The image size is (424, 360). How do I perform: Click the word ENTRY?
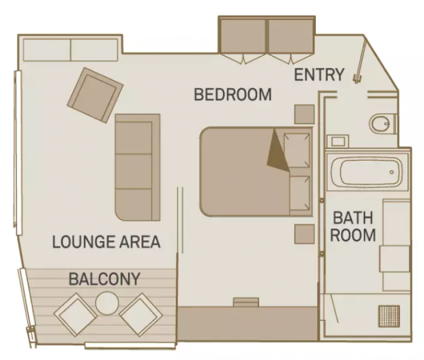319,75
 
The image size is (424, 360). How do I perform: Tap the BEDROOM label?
232,94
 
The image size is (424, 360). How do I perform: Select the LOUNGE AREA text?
106,242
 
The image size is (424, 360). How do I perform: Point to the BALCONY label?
105,279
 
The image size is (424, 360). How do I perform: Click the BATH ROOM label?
354,227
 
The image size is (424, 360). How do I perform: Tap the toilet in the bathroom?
380,123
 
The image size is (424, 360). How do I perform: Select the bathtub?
366,172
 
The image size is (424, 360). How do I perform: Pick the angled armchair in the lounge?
95,95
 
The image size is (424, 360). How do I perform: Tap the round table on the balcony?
107,302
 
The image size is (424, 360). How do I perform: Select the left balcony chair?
75,314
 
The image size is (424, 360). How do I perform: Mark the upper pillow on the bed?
298,149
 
